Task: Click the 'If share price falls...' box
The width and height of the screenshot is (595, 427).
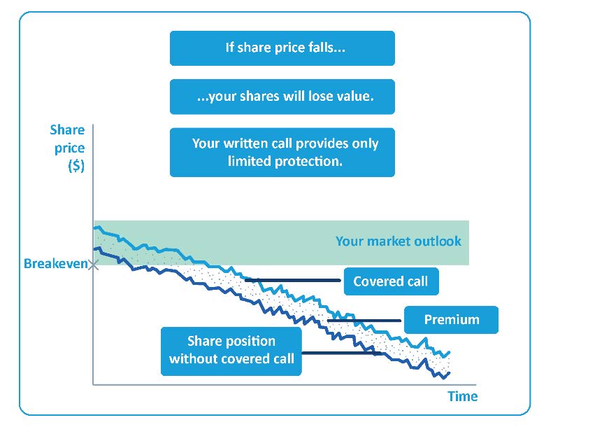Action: click(x=282, y=48)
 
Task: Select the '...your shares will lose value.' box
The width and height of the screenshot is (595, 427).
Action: click(x=282, y=97)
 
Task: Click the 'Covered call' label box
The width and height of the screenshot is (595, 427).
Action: click(x=392, y=281)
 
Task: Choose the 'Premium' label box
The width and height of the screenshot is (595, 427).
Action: click(x=451, y=320)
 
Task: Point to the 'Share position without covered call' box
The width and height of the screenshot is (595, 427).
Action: click(x=231, y=351)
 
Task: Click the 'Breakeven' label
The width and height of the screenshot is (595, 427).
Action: click(x=56, y=264)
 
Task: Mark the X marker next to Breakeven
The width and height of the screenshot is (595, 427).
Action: click(x=94, y=265)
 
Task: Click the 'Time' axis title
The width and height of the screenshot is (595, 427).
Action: click(x=463, y=397)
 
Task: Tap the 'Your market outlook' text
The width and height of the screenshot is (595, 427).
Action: click(x=399, y=241)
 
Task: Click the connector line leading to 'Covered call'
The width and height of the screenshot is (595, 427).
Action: click(x=292, y=281)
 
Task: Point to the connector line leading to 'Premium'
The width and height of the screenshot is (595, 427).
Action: click(x=364, y=321)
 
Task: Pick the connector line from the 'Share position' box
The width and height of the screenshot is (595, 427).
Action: click(x=341, y=353)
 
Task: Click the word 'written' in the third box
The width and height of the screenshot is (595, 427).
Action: click(x=246, y=143)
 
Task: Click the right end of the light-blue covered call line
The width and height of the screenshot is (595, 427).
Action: click(x=450, y=352)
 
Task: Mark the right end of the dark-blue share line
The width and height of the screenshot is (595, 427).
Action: click(x=450, y=373)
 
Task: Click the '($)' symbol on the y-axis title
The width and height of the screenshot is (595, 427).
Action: click(x=76, y=166)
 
